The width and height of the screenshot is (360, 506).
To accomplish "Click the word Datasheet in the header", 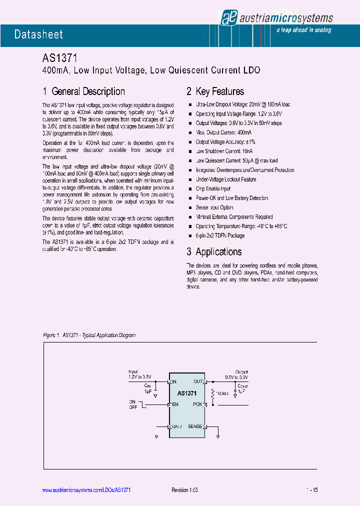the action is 38,34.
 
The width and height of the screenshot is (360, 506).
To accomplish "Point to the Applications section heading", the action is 214,252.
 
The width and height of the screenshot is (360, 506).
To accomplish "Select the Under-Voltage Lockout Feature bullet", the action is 226,179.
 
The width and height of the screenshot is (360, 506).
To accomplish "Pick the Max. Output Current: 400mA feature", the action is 223,132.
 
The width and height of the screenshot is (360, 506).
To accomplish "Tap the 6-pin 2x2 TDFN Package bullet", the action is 220,235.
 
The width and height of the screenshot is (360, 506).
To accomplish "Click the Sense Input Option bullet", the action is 214,207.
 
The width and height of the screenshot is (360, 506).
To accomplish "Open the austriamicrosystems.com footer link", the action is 85,490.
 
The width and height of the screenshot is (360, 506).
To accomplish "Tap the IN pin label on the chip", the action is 174,381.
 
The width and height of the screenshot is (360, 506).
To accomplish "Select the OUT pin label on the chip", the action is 198,381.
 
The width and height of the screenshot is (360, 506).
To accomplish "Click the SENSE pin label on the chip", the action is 195,426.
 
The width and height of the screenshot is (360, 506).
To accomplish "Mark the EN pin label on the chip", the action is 175,404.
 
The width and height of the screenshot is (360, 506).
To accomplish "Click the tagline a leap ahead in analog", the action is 303,30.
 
